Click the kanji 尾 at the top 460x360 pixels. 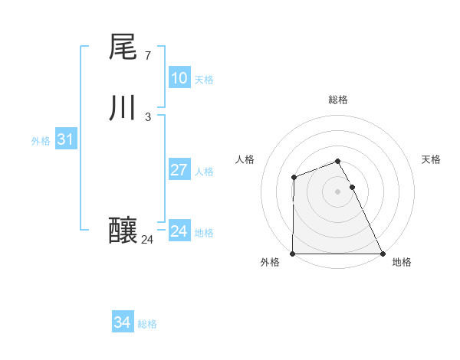pos(123,47)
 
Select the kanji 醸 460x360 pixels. pos(123,230)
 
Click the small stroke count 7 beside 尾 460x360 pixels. pos(147,56)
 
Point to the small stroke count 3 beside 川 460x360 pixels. pos(147,117)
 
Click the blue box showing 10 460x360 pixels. pos(179,78)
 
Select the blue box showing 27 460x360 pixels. pos(179,170)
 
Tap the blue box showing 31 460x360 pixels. pos(65,139)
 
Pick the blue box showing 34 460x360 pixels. pos(122,322)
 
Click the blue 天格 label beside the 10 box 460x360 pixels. pos(204,80)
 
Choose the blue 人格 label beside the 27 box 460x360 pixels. pos(204,172)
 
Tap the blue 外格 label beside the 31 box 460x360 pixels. pos(41,141)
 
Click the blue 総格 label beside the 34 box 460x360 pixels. pos(147,324)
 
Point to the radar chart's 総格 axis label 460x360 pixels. pos(338,100)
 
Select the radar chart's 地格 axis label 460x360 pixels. pos(402,263)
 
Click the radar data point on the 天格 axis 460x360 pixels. pos(352,187)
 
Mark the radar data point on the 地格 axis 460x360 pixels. pos(383,254)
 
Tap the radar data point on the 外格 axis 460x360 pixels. pos(293,254)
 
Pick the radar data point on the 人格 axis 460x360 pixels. pos(294,178)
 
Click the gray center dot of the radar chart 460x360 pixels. pos(338,191)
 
